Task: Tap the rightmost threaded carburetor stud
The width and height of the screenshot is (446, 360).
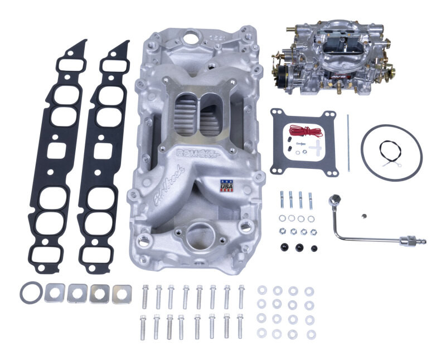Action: pos(311,200)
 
